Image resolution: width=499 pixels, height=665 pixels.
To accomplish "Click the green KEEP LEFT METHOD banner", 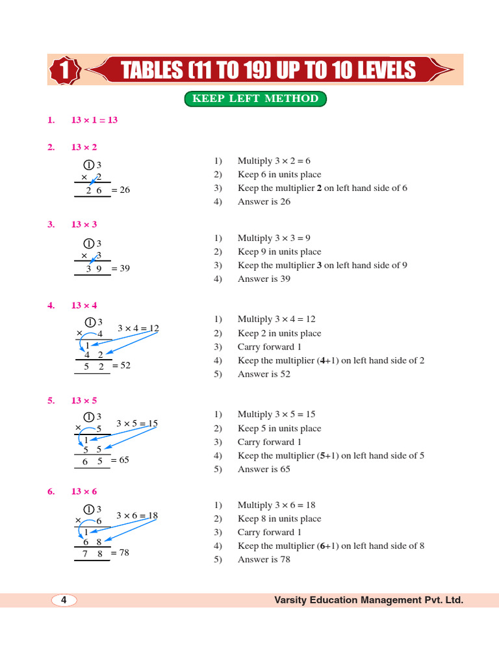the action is click(x=255, y=99).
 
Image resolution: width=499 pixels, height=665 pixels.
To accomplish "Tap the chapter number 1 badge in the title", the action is click(x=64, y=71).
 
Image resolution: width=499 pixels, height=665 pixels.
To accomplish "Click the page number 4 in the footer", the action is click(x=64, y=601).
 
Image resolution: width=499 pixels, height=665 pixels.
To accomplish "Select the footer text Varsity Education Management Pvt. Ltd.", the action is click(x=369, y=601).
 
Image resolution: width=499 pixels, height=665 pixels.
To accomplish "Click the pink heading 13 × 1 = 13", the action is click(x=94, y=120).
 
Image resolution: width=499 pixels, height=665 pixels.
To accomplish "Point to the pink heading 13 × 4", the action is click(x=84, y=305).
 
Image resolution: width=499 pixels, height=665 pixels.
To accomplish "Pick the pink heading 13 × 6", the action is click(x=84, y=492).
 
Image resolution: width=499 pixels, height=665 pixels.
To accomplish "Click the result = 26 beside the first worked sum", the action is click(x=120, y=190).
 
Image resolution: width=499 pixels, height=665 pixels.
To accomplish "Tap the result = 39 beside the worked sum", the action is click(x=120, y=268).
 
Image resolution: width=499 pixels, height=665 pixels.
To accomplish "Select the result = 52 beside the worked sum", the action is click(x=122, y=366).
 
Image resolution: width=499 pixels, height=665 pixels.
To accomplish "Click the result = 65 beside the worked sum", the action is click(x=120, y=460).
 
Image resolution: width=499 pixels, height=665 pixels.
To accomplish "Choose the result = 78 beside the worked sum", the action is click(x=120, y=553).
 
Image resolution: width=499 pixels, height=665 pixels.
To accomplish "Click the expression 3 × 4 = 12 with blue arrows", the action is click(x=138, y=328).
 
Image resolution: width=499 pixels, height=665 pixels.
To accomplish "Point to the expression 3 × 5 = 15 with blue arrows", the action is click(x=137, y=423).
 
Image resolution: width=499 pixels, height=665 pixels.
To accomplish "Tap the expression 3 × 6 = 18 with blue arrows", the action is click(x=137, y=516).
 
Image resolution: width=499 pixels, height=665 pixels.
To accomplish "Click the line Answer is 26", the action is click(x=264, y=202).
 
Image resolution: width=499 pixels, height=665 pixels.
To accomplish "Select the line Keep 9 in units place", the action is click(x=279, y=252).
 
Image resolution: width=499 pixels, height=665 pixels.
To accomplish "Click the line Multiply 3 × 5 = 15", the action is click(x=277, y=414).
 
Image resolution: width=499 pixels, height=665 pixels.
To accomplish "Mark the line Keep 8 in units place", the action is click(x=279, y=519).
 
